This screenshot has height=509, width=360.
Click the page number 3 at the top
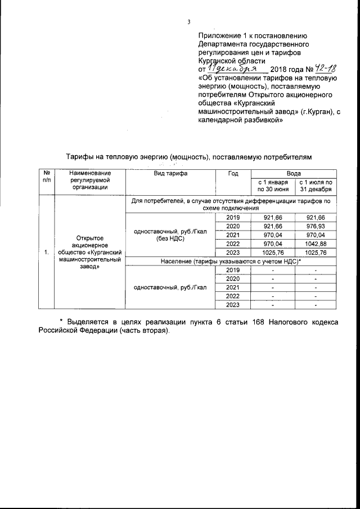tap(190, 22)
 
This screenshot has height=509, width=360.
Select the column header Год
tap(233, 174)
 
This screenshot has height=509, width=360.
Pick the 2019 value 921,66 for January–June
tap(273, 218)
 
